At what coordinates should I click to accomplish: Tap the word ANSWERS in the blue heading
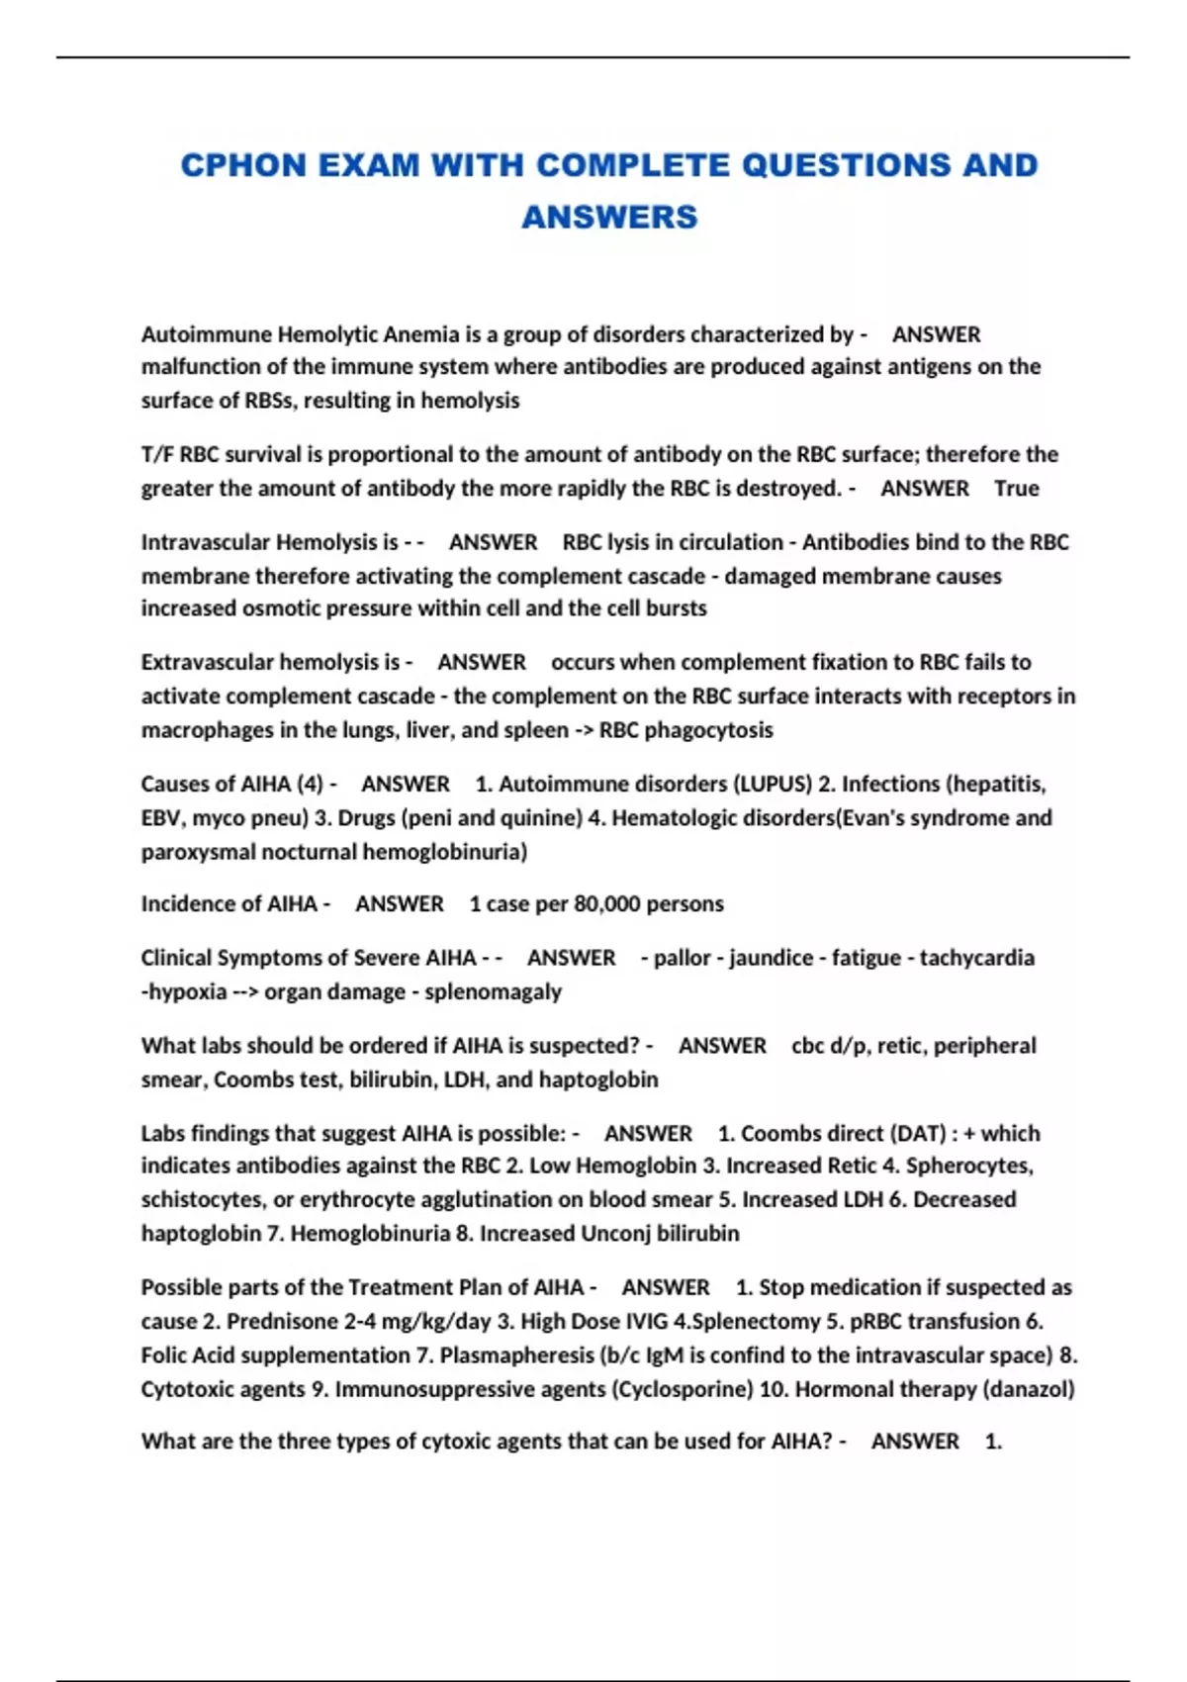pyautogui.click(x=609, y=217)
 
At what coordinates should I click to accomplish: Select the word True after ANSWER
pyautogui.click(x=1016, y=488)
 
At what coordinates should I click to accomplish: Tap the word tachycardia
pyautogui.click(x=976, y=958)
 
